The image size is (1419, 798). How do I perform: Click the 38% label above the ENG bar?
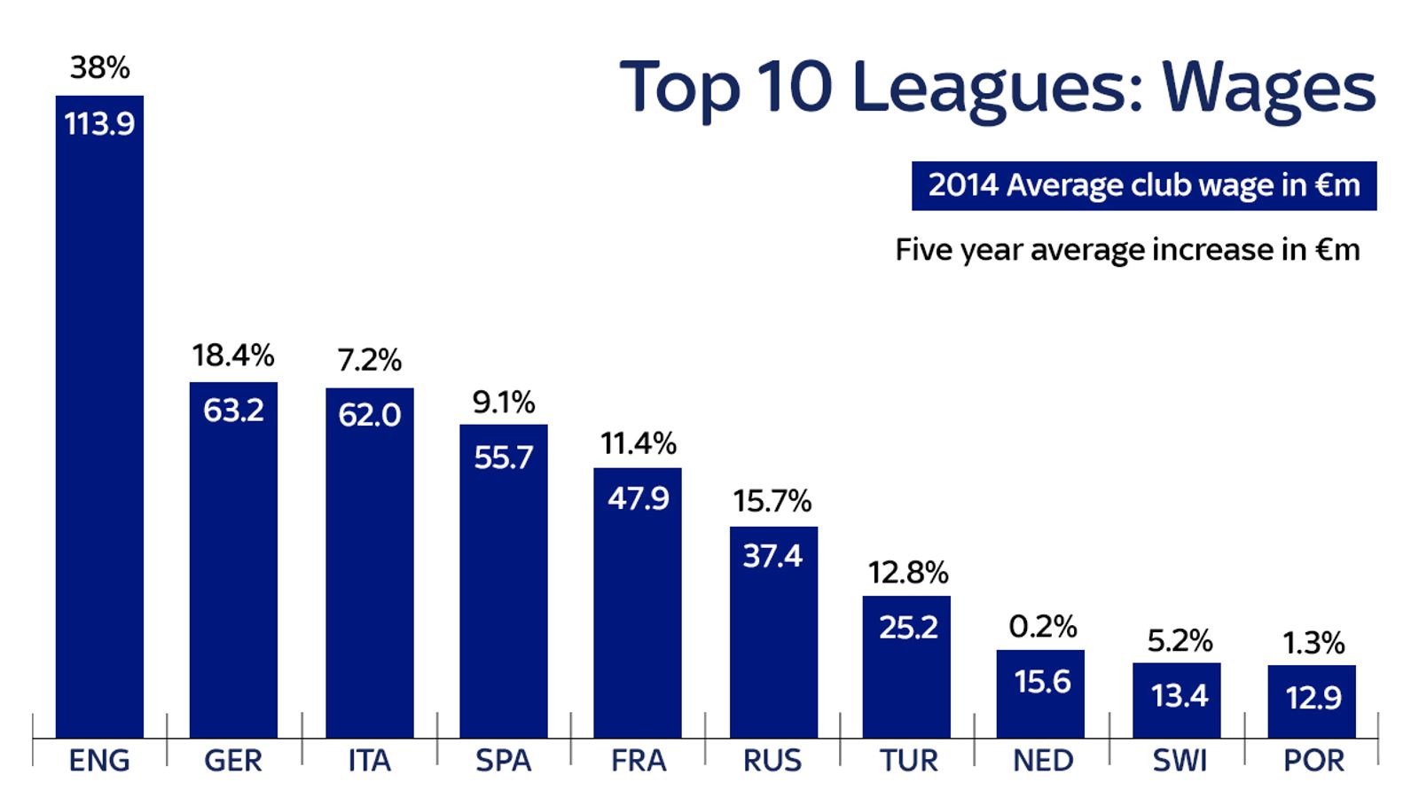[99, 67]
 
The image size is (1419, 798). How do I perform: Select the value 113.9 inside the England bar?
[99, 123]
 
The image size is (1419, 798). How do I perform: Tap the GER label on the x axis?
[233, 761]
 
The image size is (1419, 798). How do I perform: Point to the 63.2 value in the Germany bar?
[233, 411]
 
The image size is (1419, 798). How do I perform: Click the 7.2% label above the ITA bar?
[369, 360]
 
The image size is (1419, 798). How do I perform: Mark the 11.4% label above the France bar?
[638, 443]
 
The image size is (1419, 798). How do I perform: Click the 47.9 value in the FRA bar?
[638, 498]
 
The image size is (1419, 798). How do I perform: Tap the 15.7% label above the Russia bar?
[772, 502]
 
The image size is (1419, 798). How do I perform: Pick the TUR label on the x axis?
[908, 761]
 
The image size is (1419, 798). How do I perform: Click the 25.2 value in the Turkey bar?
[908, 628]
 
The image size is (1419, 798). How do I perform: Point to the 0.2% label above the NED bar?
[1042, 627]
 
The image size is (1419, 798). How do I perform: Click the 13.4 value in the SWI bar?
[1179, 696]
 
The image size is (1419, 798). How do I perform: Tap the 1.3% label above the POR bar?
[1313, 643]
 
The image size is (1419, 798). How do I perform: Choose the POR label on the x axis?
[1313, 761]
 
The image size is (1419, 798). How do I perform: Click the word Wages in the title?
[1268, 88]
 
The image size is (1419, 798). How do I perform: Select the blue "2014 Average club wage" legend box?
[1143, 185]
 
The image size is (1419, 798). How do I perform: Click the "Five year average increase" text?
[1126, 250]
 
